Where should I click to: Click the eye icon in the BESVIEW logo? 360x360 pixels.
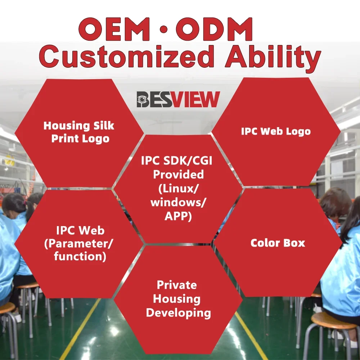(x=144, y=100)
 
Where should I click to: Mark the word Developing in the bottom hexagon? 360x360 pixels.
(x=178, y=312)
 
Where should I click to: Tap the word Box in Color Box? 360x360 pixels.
(x=293, y=243)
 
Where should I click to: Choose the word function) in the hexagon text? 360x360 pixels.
(x=80, y=257)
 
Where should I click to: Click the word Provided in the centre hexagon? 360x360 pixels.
(x=178, y=175)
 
